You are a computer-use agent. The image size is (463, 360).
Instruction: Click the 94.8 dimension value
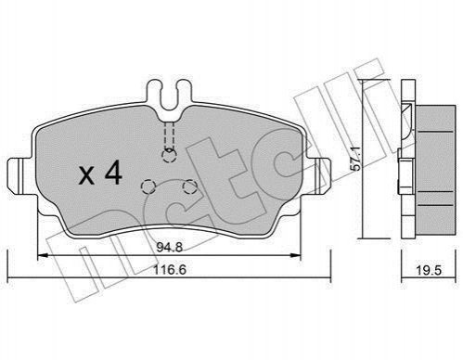(x=170, y=247)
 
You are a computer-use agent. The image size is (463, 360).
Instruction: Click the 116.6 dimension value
(x=170, y=270)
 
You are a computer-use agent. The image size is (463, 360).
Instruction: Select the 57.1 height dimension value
(x=356, y=159)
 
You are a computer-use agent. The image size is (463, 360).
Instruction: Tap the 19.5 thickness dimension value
(x=429, y=270)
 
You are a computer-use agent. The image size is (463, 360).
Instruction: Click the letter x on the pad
(x=86, y=176)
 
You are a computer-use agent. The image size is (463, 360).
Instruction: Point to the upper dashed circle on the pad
(x=169, y=155)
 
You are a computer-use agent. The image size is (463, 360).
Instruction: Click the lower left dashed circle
(x=148, y=186)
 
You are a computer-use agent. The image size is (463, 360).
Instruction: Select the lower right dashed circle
(x=189, y=186)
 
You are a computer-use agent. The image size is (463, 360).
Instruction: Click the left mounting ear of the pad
(x=19, y=175)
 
